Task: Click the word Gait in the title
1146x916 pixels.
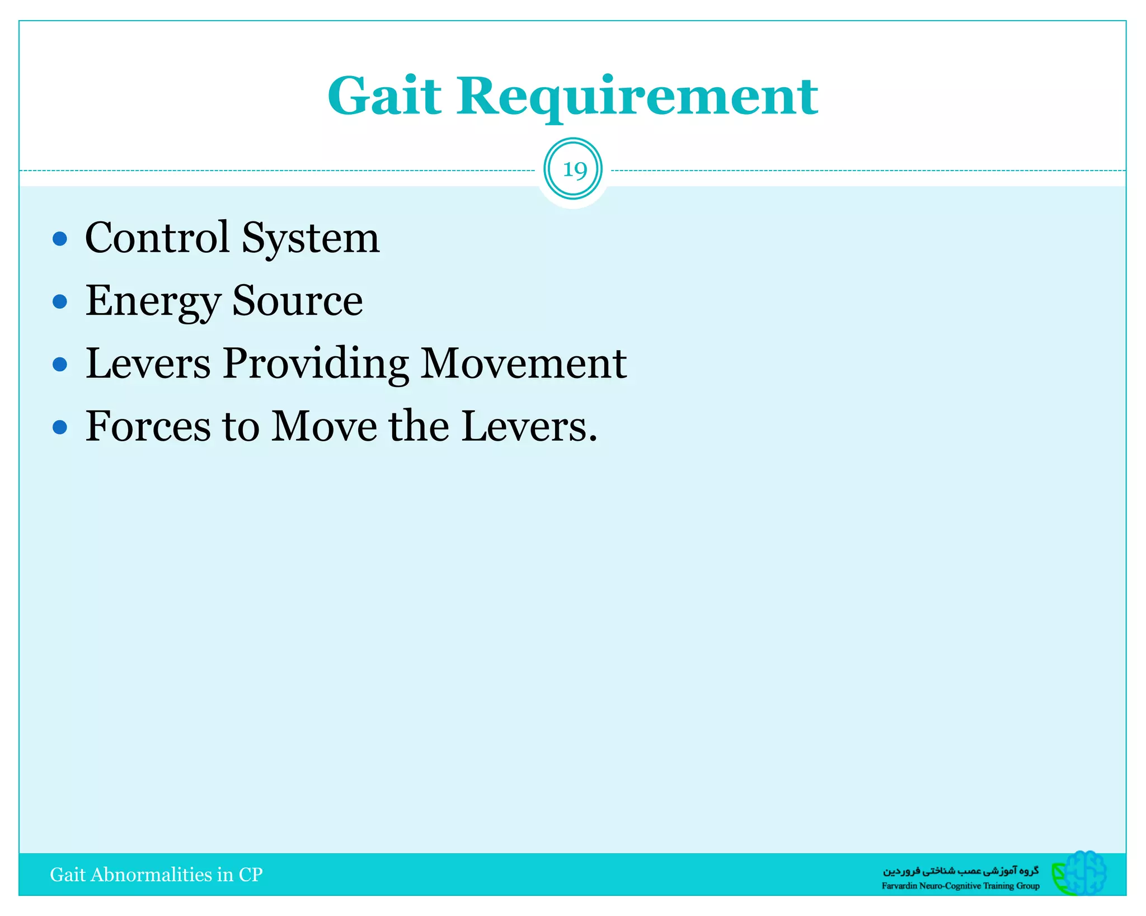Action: click(385, 96)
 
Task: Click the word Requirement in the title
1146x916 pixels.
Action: click(637, 97)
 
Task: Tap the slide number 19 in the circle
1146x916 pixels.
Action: click(573, 169)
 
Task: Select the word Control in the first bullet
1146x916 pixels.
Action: click(157, 238)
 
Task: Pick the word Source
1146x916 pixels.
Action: click(297, 301)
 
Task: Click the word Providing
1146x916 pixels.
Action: click(316, 364)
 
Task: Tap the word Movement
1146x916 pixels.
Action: click(523, 363)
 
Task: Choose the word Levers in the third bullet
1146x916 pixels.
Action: click(148, 363)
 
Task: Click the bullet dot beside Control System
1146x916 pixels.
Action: click(60, 239)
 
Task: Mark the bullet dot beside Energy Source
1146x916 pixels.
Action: click(60, 302)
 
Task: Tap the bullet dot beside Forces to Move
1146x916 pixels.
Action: click(60, 428)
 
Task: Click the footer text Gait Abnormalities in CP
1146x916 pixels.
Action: click(156, 875)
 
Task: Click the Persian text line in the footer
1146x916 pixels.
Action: click(961, 871)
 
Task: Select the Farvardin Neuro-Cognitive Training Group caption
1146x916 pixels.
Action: click(960, 886)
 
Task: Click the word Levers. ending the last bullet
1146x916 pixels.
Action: click(529, 427)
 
